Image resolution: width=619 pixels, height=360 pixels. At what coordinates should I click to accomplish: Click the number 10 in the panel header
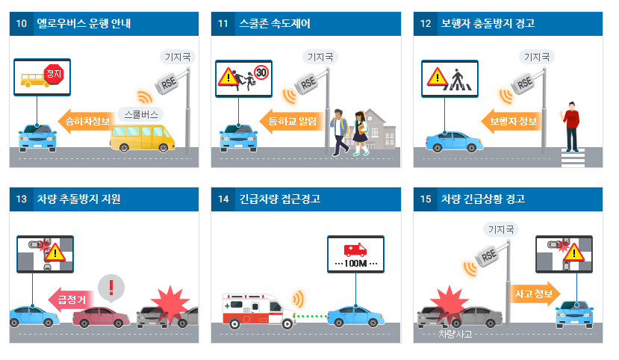(22, 24)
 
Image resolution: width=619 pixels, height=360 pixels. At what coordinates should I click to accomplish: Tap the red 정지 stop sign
(54, 74)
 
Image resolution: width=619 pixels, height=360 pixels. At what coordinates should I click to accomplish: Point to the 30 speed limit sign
(261, 73)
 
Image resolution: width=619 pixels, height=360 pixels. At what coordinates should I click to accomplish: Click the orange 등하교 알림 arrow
(290, 120)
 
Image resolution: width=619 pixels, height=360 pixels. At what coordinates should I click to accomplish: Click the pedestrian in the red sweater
(572, 126)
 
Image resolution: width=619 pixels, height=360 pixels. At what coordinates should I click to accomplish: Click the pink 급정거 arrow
(70, 300)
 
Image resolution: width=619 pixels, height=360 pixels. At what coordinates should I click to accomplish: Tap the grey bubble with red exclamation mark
(111, 287)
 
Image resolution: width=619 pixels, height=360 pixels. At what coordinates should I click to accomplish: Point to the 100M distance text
(355, 264)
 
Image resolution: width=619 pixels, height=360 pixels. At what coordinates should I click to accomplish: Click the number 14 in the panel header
(223, 199)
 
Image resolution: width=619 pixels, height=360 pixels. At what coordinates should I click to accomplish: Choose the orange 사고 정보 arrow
(533, 294)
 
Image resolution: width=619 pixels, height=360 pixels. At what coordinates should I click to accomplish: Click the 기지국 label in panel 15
(500, 229)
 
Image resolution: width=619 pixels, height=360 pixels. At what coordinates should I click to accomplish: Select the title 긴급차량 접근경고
(279, 199)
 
